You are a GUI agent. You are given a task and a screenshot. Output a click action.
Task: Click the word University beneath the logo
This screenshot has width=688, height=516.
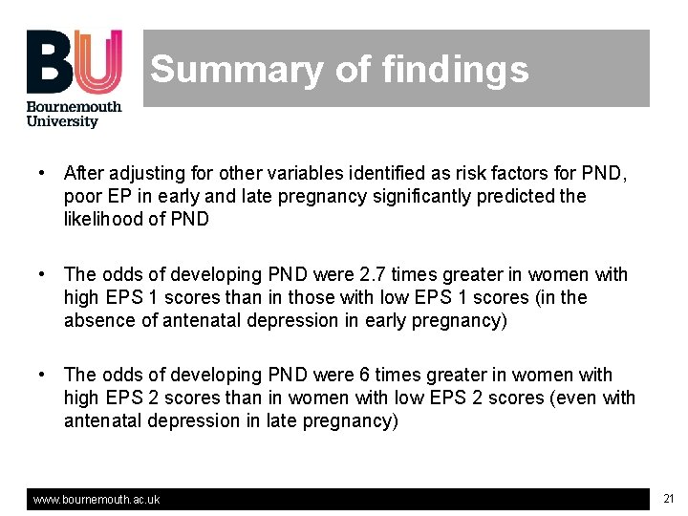point(62,121)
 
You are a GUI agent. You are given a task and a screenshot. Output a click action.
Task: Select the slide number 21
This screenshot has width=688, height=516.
point(669,499)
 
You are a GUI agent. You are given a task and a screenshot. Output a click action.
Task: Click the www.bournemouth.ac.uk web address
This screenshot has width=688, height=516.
point(97,500)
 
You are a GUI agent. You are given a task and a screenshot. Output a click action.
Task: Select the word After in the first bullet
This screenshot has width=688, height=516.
point(83,174)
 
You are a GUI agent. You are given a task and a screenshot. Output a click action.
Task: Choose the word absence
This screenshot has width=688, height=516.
point(99,321)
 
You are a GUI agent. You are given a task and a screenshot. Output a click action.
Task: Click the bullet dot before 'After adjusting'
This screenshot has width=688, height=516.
point(43,174)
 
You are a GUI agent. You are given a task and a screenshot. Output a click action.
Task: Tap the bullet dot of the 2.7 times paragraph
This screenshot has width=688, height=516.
point(43,275)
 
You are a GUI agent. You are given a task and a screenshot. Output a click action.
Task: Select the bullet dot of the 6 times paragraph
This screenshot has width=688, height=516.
point(43,376)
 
